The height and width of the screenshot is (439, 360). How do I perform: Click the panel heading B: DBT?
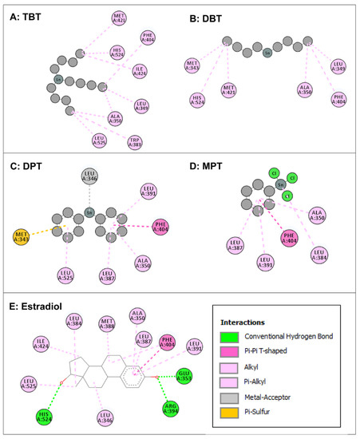208,15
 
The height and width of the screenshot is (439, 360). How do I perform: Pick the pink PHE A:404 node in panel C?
160,227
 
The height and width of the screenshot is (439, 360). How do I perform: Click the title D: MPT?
209,166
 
